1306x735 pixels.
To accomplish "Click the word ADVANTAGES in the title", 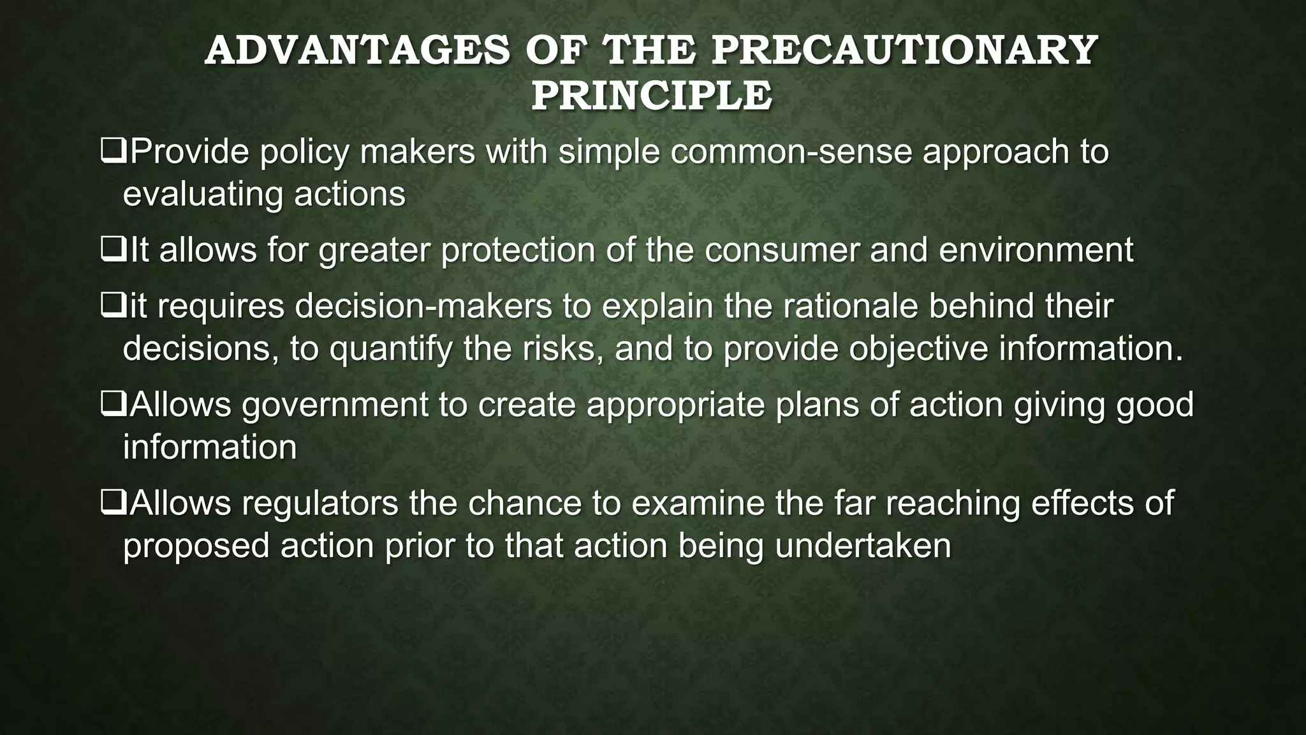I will [357, 51].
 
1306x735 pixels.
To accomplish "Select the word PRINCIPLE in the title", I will [652, 96].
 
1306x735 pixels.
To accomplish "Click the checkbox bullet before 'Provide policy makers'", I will [113, 152].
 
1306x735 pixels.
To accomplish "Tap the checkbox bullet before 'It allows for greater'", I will [113, 251].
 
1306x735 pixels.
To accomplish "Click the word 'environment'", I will [1036, 250].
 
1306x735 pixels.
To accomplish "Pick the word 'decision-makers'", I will [423, 306].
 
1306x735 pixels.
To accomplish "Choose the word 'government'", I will [335, 405].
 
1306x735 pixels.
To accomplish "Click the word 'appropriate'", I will [675, 405].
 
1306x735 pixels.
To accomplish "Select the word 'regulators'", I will [320, 503].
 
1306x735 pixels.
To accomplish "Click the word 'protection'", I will [518, 250].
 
